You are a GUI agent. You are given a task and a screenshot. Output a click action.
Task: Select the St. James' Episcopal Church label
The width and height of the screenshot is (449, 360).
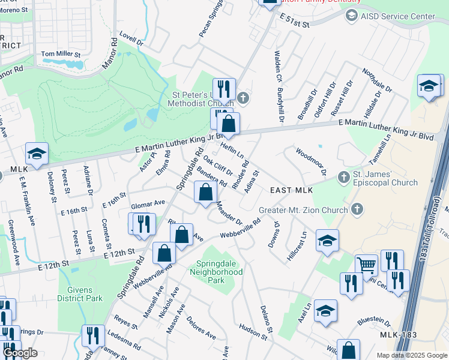coord(385,179)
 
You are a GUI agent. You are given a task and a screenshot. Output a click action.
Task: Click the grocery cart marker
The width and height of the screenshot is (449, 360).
coord(366,265)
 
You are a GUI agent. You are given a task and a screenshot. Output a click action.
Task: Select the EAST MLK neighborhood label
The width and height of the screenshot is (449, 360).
coord(292,190)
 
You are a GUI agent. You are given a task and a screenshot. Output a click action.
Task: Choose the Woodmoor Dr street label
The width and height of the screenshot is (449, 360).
coord(310,161)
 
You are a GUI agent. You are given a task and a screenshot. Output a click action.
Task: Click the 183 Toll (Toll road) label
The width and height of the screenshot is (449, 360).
coord(435,210)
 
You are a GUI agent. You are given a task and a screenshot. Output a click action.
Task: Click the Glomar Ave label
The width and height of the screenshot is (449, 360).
coord(147,203)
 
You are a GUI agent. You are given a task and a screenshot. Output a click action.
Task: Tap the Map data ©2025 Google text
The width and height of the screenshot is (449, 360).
coord(412,355)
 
